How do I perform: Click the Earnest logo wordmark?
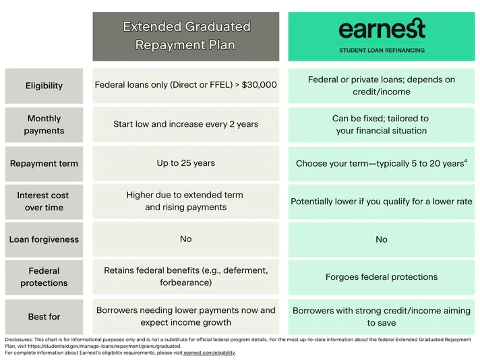coord(382,28)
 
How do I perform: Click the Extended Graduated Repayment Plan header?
coord(186,36)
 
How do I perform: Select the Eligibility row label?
coord(44,86)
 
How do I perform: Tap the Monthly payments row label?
coord(44,125)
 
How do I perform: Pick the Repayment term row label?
coord(44,164)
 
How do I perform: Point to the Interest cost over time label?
coord(44,202)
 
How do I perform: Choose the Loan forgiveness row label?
coord(44,239)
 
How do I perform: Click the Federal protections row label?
coord(44,276)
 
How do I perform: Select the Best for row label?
coord(44,316)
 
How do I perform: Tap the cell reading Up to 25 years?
coord(186,163)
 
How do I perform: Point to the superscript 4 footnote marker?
coord(466,160)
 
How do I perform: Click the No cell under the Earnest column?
coord(382,239)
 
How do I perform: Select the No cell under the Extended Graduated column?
coord(186,239)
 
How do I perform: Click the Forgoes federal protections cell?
coord(382,276)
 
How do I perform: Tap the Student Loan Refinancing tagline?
coord(382,51)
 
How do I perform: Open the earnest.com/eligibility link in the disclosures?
coord(210,353)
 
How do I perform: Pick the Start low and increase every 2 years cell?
coord(186,124)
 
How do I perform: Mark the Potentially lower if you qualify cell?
coord(382,202)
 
